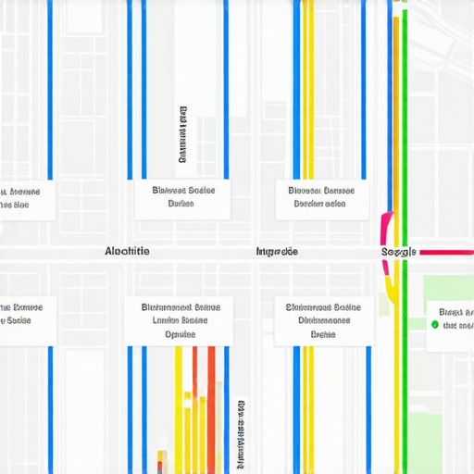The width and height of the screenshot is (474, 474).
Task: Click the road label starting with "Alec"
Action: (x=128, y=251)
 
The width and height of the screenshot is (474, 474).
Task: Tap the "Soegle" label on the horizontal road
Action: (x=399, y=252)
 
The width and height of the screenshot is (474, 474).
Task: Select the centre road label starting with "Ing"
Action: (x=277, y=251)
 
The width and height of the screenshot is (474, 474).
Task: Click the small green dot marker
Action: (x=433, y=325)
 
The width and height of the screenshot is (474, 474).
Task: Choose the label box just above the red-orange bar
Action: (x=178, y=320)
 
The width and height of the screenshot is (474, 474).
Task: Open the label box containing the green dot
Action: (x=450, y=319)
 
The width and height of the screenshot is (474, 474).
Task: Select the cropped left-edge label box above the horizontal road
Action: (x=24, y=198)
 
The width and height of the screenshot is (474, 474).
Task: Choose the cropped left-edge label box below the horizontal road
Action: (x=24, y=315)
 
